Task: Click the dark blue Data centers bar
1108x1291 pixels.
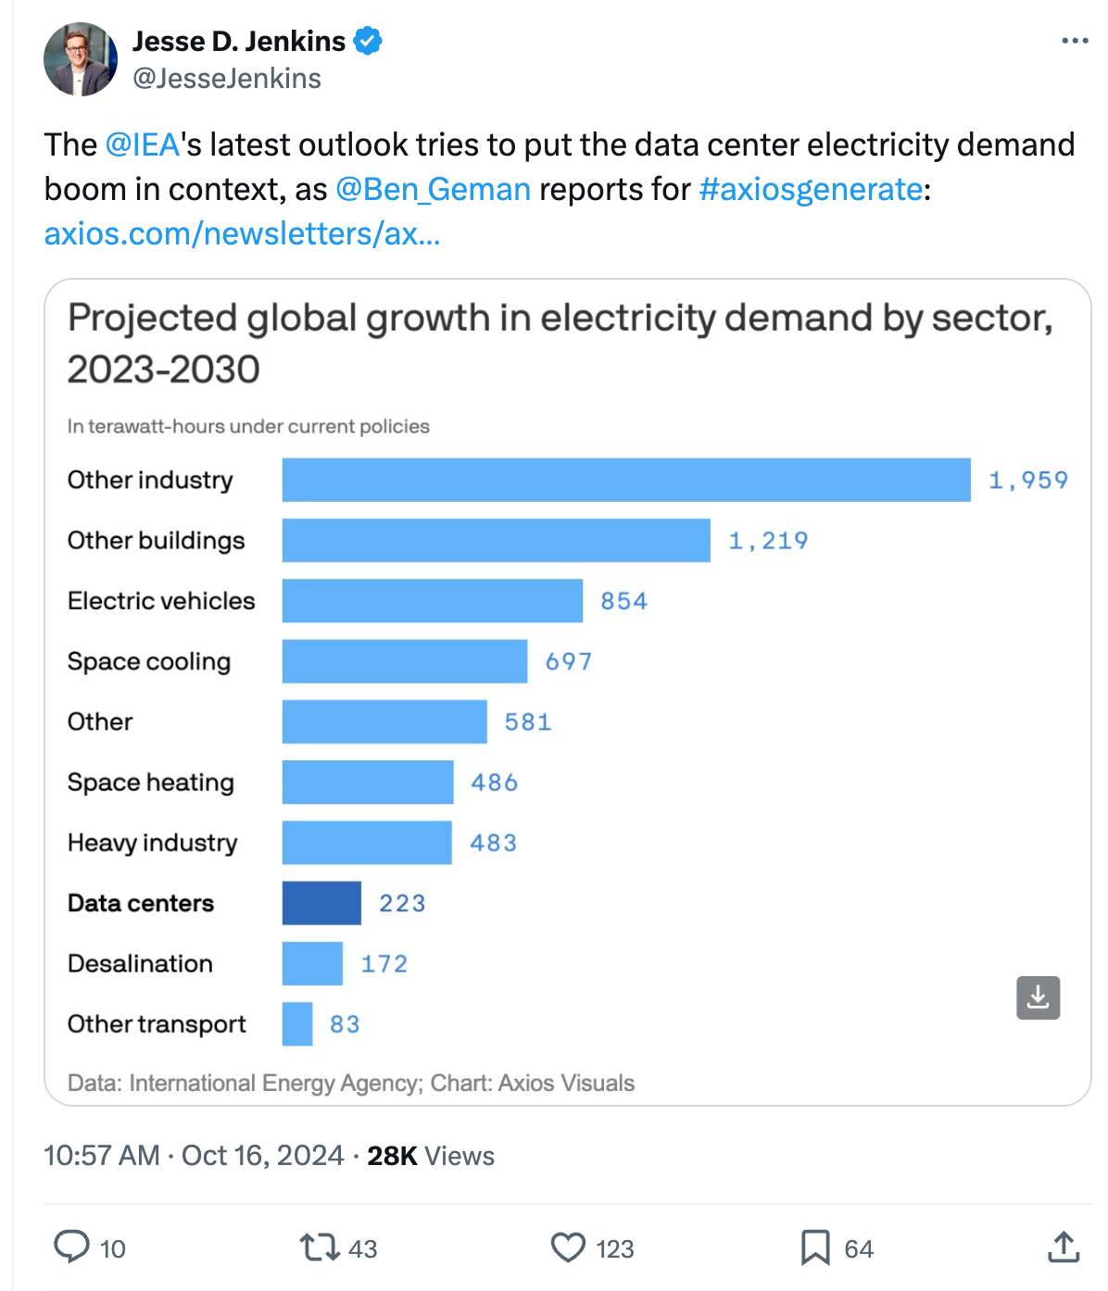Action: click(321, 903)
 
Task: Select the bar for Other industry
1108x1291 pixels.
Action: click(626, 480)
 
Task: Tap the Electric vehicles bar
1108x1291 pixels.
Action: click(433, 601)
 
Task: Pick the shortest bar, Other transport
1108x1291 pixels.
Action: click(297, 1024)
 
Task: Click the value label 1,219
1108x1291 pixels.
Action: click(768, 541)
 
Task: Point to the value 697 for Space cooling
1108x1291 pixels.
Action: click(568, 661)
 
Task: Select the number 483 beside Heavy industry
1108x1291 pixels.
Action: click(493, 843)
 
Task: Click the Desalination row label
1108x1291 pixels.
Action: click(140, 964)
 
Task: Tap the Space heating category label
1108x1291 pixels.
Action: click(150, 783)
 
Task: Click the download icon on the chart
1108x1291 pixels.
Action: click(1038, 997)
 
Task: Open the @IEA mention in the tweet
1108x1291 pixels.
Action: click(142, 145)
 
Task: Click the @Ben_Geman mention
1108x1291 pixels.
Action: click(433, 190)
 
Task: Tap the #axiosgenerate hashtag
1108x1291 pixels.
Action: click(811, 190)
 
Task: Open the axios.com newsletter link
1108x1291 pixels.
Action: click(242, 234)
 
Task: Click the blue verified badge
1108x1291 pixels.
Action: click(368, 42)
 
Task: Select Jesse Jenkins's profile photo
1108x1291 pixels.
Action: click(81, 59)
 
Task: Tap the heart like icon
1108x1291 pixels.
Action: click(568, 1247)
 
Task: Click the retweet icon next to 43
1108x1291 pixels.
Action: click(320, 1247)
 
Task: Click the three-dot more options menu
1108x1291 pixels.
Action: click(1075, 41)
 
